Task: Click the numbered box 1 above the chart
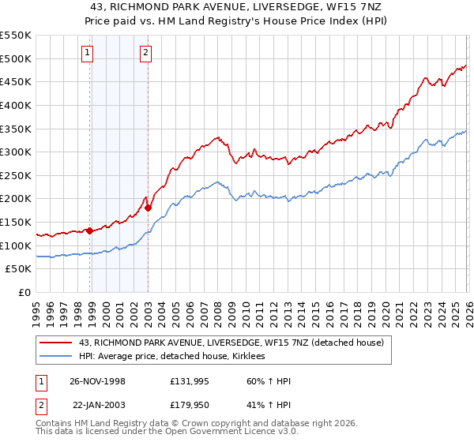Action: click(x=86, y=54)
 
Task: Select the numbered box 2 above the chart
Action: click(x=146, y=54)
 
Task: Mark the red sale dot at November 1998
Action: click(x=90, y=230)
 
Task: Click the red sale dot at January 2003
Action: click(x=148, y=208)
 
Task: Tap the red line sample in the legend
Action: click(x=56, y=343)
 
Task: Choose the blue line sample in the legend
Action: click(x=56, y=357)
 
